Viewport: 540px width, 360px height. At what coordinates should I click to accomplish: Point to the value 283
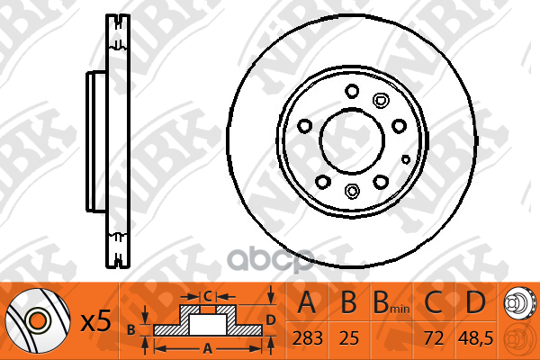308,341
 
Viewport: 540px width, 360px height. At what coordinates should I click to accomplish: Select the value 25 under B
348,341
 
